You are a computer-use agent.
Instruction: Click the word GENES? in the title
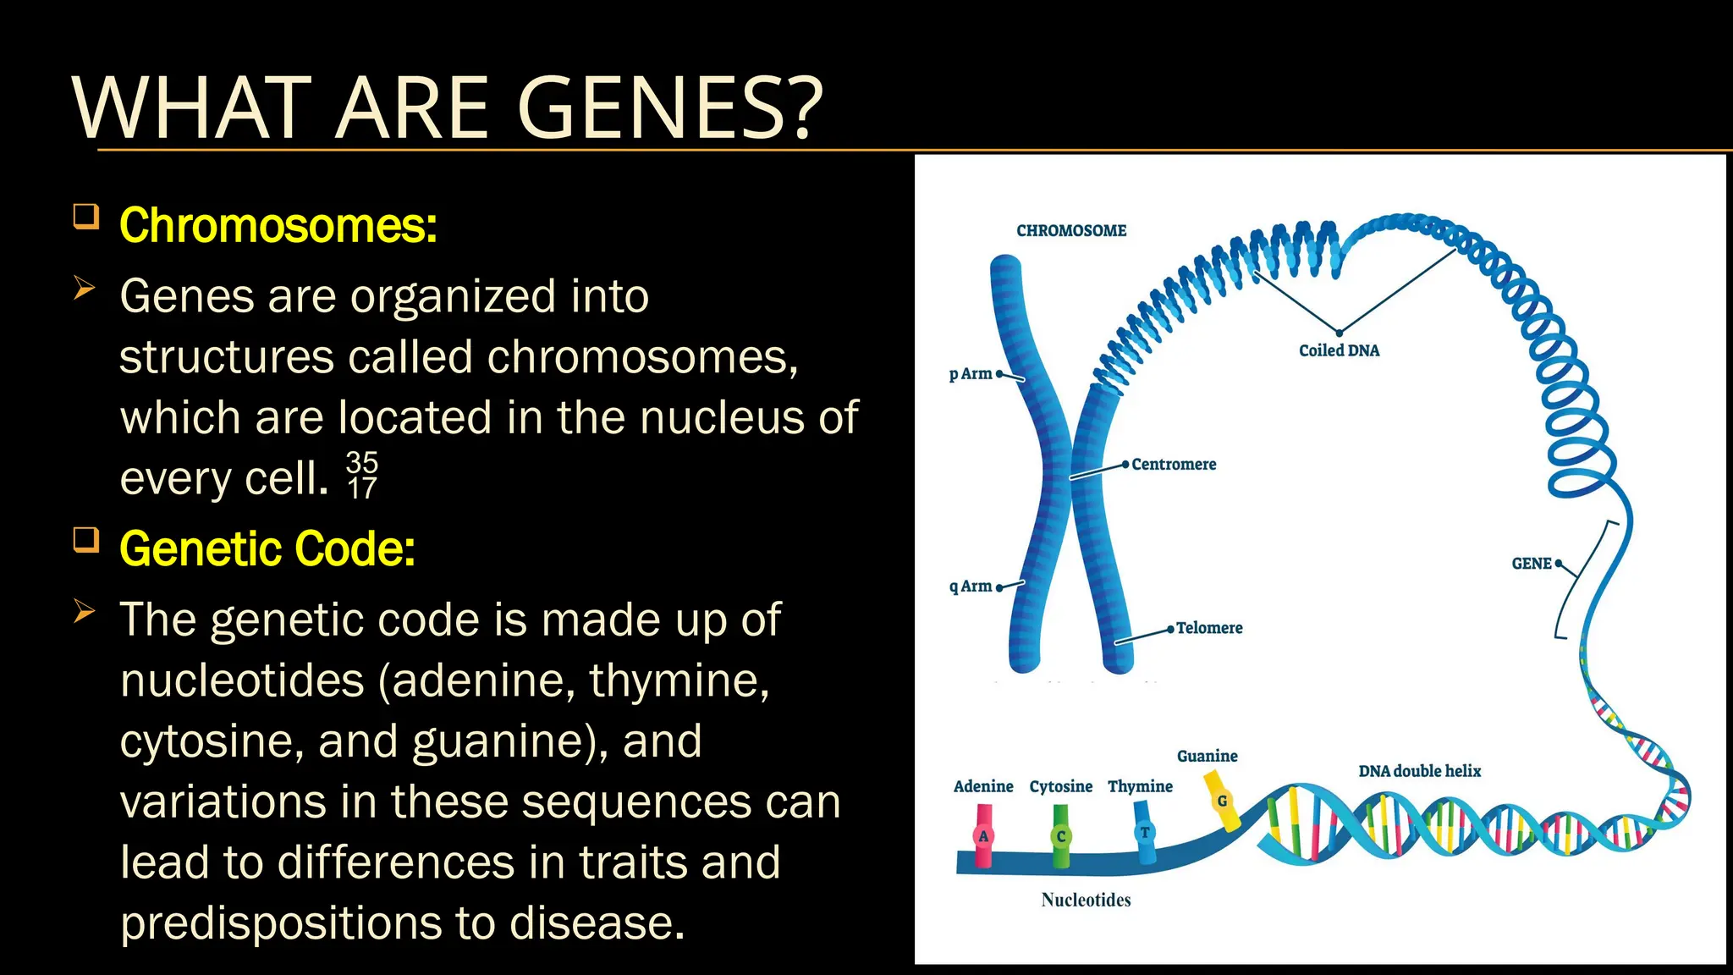(668, 108)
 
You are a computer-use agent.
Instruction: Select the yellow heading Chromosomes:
(278, 226)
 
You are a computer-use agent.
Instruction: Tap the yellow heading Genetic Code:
(267, 549)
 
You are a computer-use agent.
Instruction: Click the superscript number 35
(362, 462)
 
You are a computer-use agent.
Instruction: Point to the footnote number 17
(362, 488)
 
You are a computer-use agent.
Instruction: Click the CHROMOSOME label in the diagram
(1071, 230)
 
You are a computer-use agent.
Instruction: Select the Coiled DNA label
(1339, 350)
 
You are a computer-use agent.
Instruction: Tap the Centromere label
(1174, 464)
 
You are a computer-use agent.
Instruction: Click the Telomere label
(1209, 628)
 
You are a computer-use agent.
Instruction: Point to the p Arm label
(970, 373)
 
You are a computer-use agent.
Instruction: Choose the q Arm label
(970, 586)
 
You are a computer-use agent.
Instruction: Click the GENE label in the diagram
(1532, 564)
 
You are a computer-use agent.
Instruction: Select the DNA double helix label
(1419, 771)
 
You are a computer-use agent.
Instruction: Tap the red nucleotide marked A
(983, 835)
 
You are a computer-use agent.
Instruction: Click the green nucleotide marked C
(1060, 836)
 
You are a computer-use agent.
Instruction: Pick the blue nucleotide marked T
(1144, 833)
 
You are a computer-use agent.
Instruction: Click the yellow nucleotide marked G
(1222, 801)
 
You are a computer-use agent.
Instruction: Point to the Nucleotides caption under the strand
(1086, 900)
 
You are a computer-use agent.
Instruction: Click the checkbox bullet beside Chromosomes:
(86, 217)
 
